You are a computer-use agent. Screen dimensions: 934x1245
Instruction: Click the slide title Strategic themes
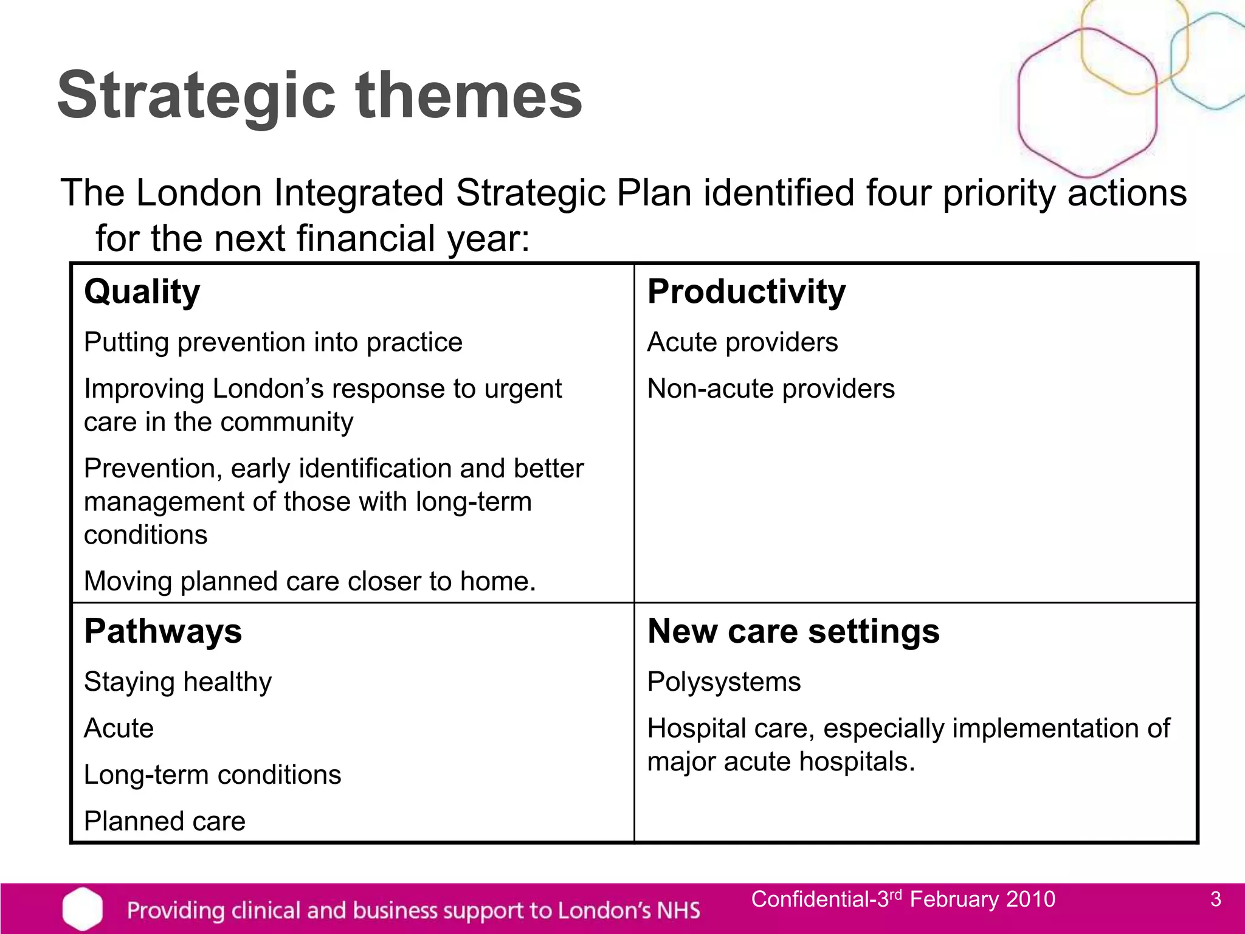(320, 95)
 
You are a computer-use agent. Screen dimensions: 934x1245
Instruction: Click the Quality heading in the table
(142, 291)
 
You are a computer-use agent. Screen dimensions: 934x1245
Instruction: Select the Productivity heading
(746, 291)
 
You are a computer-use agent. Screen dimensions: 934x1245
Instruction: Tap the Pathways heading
(163, 631)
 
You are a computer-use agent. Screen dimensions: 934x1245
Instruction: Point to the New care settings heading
(793, 631)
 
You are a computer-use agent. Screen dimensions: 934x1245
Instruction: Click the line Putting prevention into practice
(273, 342)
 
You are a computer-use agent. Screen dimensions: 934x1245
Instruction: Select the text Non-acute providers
(771, 389)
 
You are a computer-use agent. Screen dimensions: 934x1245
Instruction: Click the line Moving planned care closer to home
(310, 581)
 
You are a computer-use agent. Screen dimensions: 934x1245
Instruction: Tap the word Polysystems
(724, 682)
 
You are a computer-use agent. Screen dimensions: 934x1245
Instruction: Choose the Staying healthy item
(178, 682)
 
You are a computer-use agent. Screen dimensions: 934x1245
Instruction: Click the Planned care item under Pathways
(165, 822)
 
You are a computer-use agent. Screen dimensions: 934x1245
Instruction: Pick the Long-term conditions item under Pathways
(212, 775)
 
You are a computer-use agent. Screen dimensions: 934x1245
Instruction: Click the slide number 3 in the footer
(1215, 899)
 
